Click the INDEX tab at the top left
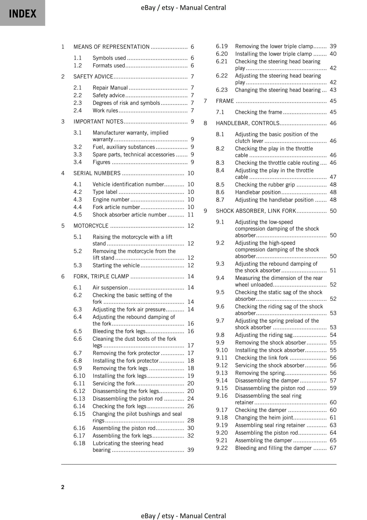23,13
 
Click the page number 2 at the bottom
63,487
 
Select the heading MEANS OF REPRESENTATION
111,47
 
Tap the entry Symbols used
109,58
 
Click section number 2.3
77,103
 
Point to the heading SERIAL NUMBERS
97,173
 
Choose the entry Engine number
111,200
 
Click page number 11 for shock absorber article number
190,215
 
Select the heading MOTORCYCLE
91,226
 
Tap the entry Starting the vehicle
116,265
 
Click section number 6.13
79,399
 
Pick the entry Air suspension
110,288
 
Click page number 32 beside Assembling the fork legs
190,436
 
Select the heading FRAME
225,101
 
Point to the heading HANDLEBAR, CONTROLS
247,123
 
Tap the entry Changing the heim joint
264,418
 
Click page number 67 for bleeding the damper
333,448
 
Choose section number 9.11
222,358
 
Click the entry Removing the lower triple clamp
274,47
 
